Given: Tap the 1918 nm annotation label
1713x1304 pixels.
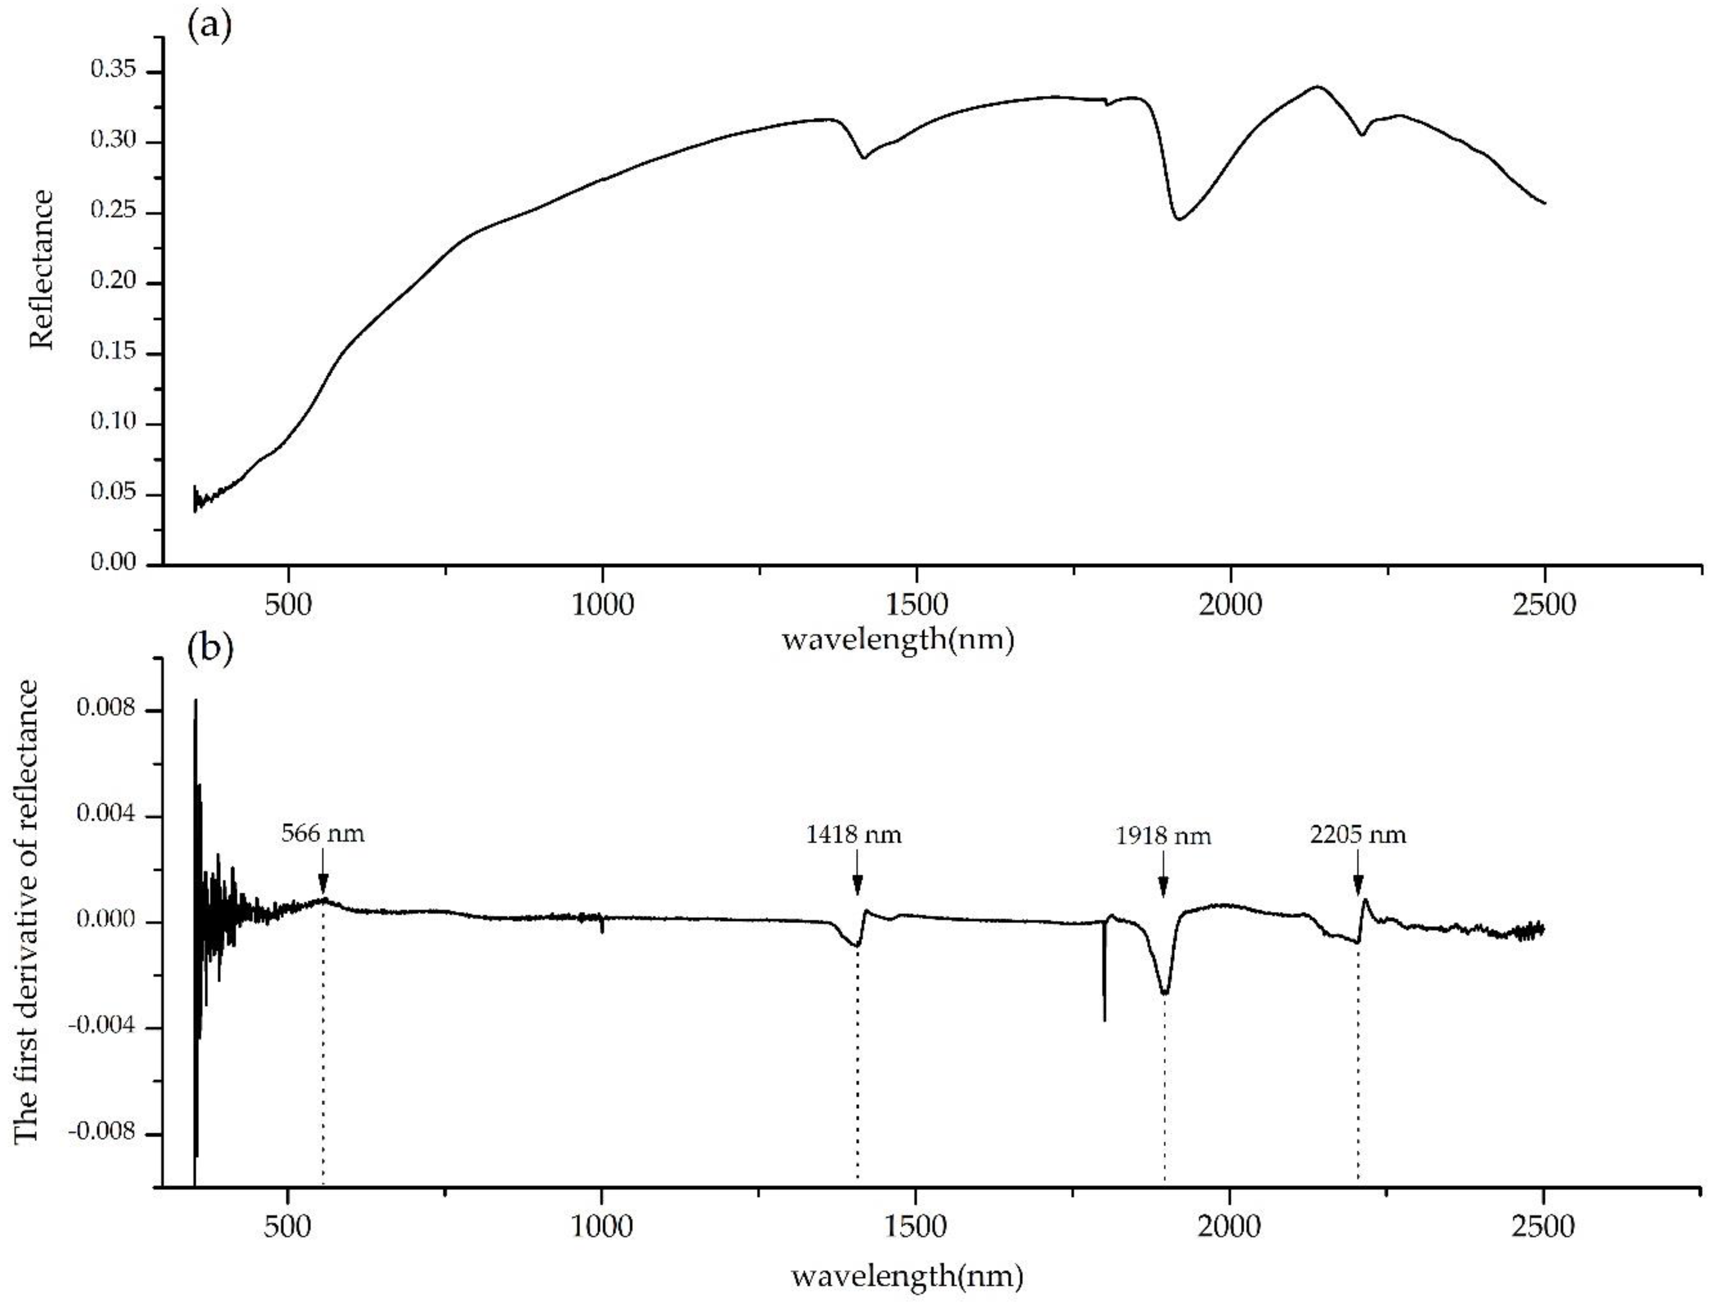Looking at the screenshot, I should click(1163, 836).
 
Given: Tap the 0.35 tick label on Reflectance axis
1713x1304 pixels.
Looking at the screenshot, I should click(113, 71).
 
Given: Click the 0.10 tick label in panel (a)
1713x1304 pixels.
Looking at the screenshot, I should click(113, 423).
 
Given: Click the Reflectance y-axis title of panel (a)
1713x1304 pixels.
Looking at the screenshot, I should click(43, 270).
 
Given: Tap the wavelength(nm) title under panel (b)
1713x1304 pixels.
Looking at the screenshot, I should click(907, 1276).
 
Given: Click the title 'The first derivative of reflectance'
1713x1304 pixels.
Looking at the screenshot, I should click(27, 912).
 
